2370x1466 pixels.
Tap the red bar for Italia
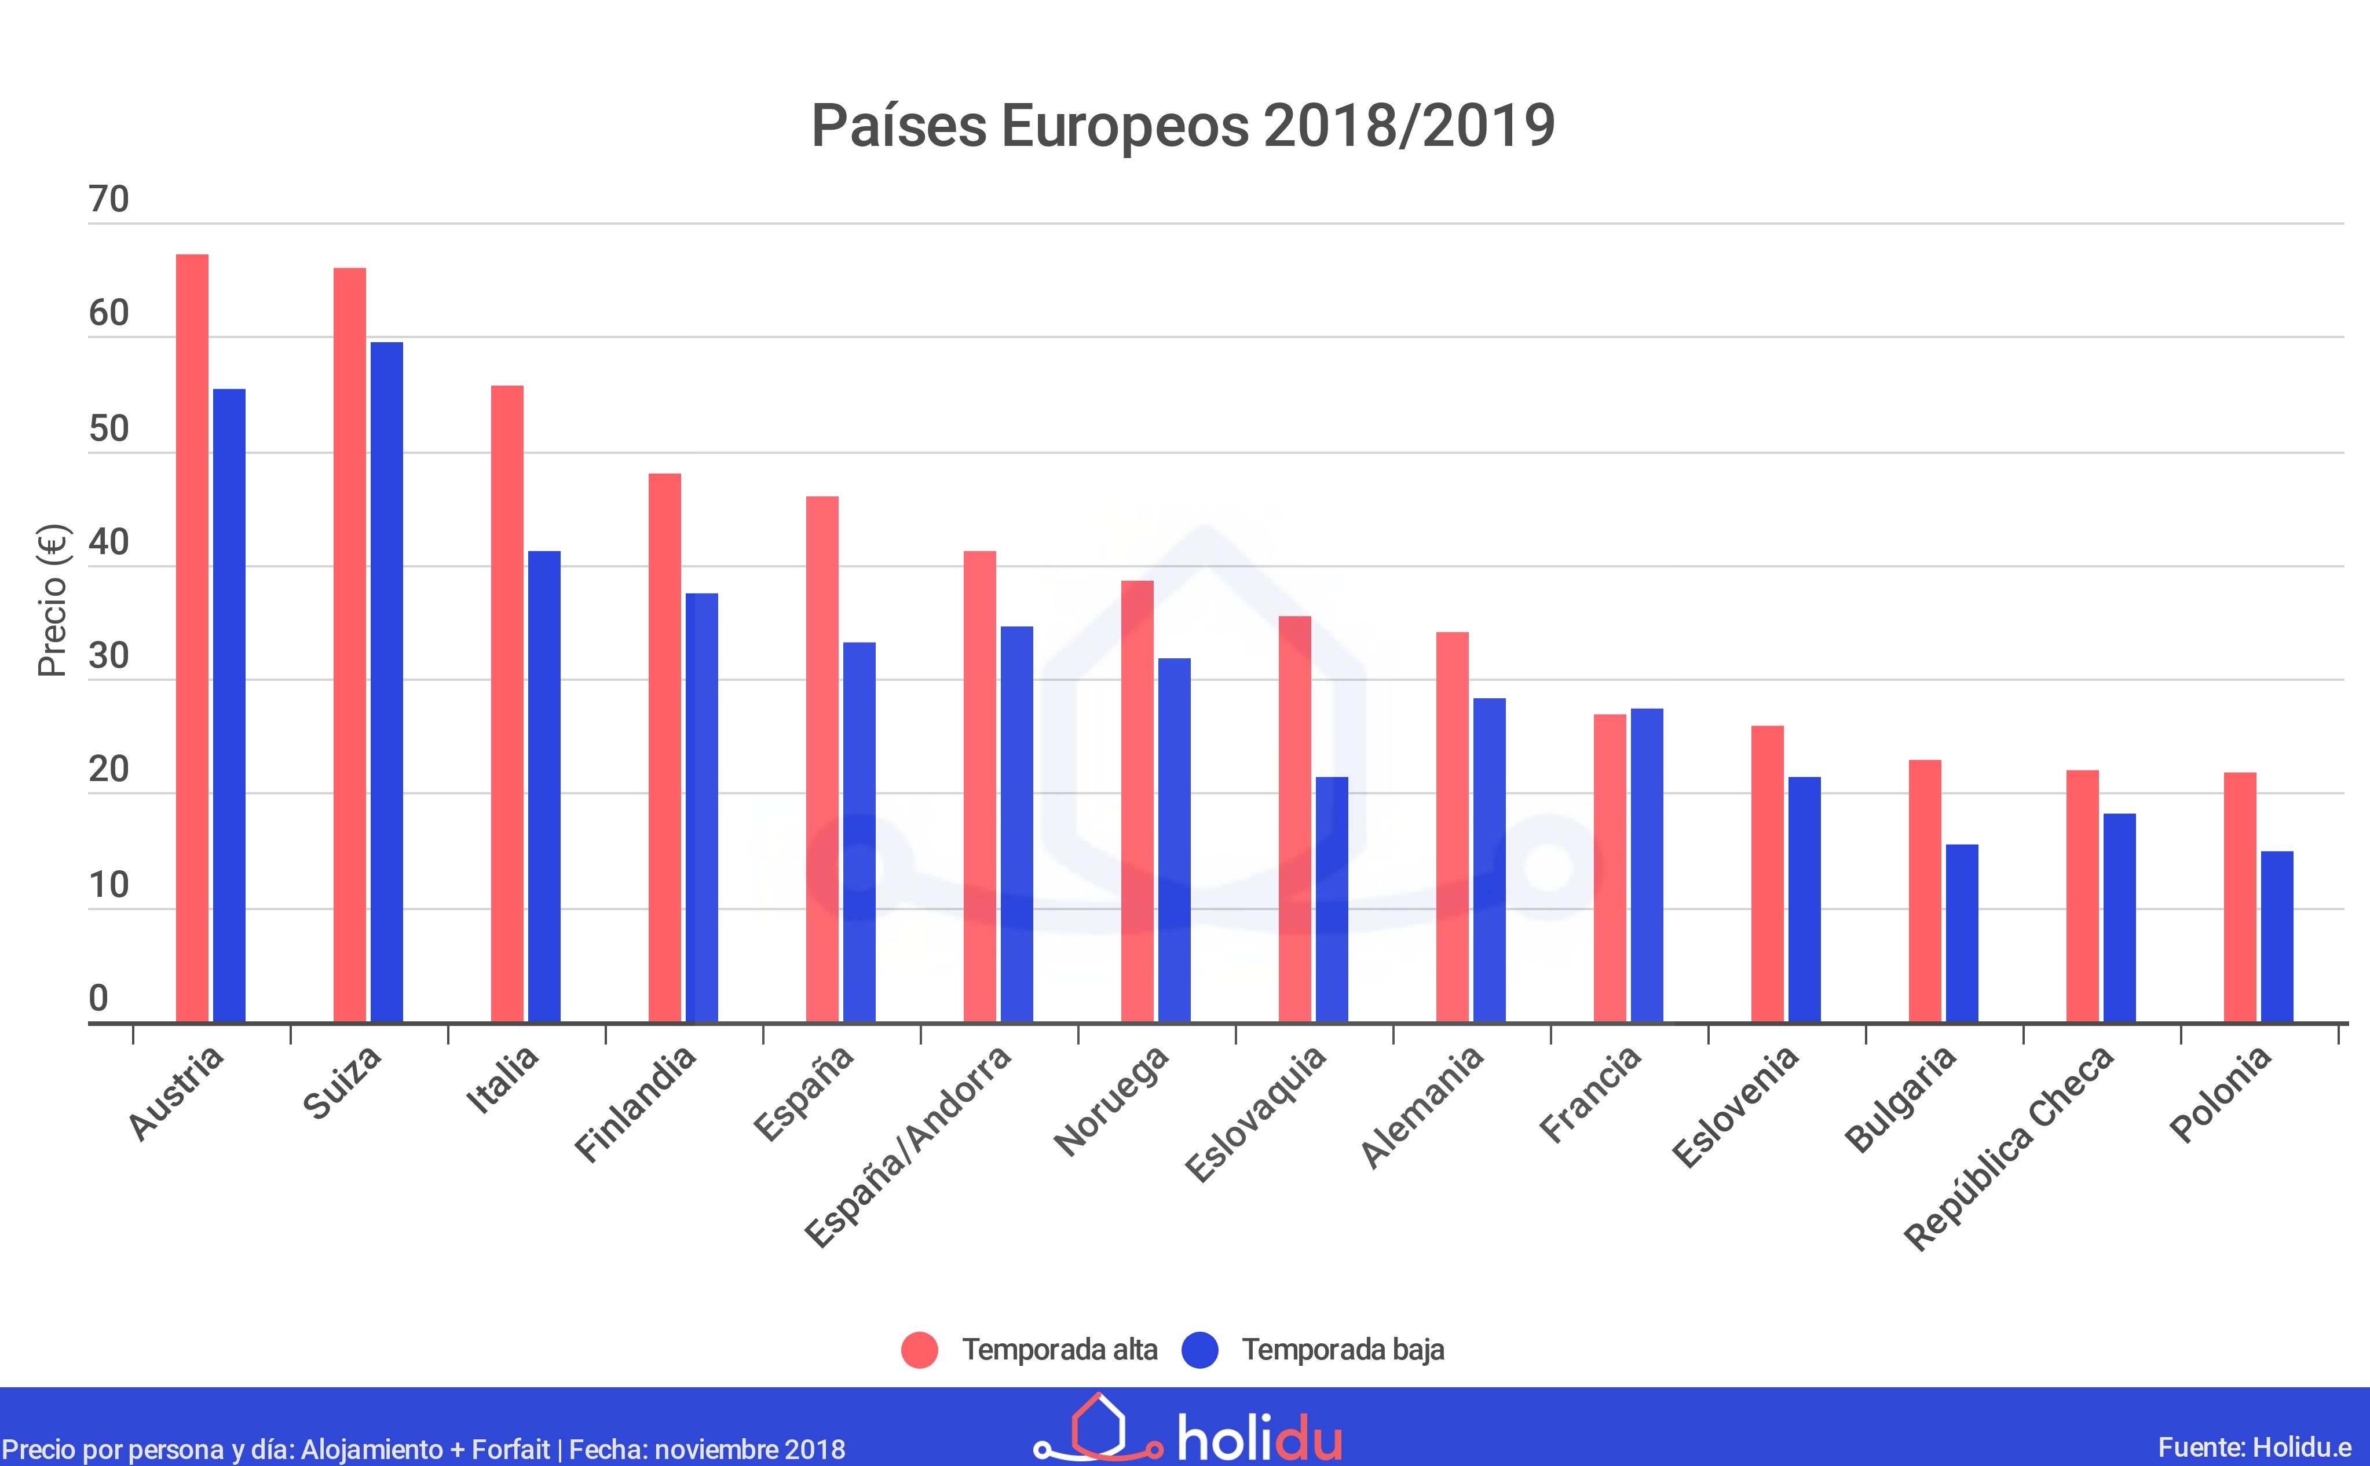[507, 704]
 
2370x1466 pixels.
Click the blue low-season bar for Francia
[1647, 865]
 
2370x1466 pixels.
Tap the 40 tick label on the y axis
[109, 543]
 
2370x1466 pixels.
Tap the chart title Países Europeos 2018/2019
[1183, 126]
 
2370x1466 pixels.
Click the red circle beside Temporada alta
[919, 1350]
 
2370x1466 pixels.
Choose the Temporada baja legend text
[1343, 1350]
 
